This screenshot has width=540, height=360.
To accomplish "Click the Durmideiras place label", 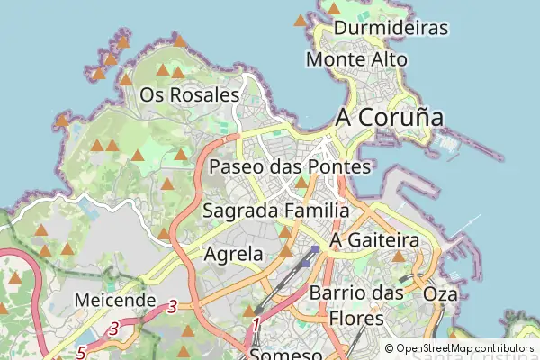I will click(391, 28).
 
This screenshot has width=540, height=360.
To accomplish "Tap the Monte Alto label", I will click(357, 59).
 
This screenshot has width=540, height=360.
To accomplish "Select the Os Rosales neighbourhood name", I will click(190, 94).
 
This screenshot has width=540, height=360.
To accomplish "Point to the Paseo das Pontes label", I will click(290, 166).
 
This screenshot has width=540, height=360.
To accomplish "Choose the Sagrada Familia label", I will click(276, 211).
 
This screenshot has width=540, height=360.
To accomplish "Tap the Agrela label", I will click(234, 254).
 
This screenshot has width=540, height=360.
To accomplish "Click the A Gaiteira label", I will click(375, 241).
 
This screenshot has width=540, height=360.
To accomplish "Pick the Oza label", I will click(440, 294).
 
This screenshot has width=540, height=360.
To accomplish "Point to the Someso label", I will click(286, 354).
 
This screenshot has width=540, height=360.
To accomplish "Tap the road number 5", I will click(81, 351).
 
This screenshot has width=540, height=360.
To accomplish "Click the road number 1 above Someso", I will click(256, 323).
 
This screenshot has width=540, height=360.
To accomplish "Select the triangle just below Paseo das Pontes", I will click(301, 183).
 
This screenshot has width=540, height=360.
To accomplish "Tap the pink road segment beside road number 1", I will click(270, 322).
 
